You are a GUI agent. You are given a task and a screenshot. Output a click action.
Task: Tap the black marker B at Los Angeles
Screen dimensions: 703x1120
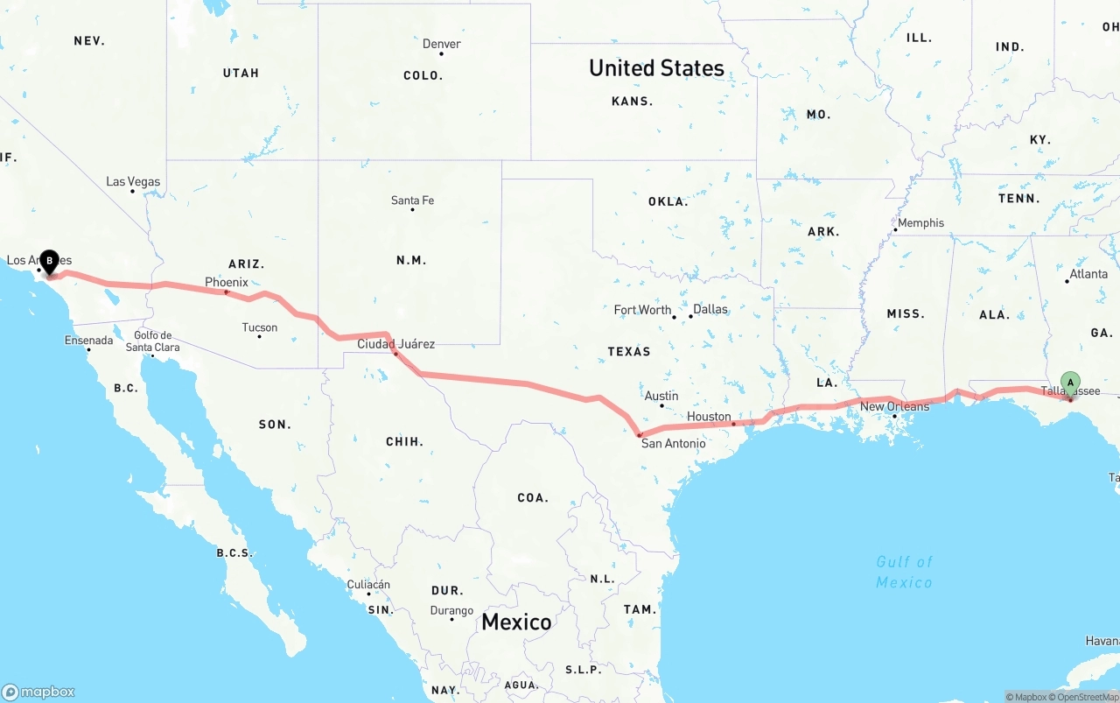(x=50, y=261)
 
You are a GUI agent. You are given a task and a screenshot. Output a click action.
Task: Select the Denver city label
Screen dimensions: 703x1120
(x=441, y=44)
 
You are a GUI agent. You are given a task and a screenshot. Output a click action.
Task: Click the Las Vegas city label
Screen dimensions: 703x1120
(x=133, y=182)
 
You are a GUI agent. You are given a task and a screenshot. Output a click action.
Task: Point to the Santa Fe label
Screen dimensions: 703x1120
(x=412, y=200)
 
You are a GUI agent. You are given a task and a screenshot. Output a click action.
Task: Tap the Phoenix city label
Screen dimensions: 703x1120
(x=227, y=282)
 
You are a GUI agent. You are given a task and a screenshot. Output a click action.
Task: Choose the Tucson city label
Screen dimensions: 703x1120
(x=260, y=327)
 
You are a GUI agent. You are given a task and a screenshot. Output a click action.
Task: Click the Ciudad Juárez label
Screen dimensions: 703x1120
(x=395, y=344)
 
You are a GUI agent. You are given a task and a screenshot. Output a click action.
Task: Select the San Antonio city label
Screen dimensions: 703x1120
(x=673, y=443)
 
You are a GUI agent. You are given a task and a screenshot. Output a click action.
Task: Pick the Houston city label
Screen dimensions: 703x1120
(x=709, y=417)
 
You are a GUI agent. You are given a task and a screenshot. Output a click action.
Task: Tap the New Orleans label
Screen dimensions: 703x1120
(x=894, y=406)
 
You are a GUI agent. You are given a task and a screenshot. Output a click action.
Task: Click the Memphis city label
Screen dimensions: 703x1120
(x=920, y=223)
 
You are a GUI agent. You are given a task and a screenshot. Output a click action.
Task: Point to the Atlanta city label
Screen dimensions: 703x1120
(x=1088, y=274)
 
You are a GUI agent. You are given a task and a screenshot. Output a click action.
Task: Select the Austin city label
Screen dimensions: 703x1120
(x=661, y=396)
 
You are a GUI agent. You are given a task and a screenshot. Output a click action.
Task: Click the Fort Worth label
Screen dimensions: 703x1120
(x=642, y=310)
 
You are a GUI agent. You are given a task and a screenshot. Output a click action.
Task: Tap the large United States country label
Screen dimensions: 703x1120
(x=656, y=67)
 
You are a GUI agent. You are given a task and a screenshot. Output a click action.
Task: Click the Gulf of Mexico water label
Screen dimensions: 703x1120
(x=904, y=572)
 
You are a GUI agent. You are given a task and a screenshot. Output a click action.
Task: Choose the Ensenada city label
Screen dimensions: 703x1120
(x=88, y=340)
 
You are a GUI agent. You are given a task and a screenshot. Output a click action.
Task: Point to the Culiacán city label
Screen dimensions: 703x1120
(x=368, y=584)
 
